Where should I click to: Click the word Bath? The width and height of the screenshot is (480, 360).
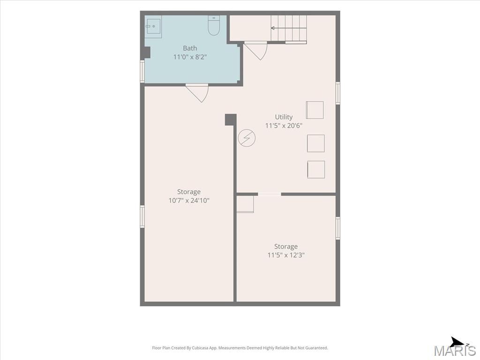coord(190,48)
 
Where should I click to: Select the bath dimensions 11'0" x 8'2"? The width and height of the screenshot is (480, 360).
coord(190,57)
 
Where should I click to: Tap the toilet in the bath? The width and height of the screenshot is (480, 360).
coord(214,25)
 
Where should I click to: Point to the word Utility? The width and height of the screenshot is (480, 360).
coord(284,117)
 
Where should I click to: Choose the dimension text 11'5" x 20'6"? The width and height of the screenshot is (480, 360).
coord(284,126)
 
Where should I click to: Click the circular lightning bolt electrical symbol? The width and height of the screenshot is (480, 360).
coord(247,138)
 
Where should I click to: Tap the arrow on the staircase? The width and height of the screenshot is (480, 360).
coord(289,28)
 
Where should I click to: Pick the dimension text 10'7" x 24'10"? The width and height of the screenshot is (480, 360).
coord(189,201)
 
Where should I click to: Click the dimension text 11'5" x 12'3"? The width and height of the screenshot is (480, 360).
coord(286,255)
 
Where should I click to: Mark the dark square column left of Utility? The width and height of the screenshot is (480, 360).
coord(231,120)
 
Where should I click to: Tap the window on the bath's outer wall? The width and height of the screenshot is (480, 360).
coord(142,71)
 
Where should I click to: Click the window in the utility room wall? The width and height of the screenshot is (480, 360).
coord(337,93)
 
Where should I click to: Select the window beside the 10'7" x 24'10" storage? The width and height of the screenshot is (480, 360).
coord(142,216)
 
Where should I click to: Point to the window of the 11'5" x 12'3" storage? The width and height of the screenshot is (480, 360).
coord(337,228)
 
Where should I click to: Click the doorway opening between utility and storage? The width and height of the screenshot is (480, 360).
coord(270,194)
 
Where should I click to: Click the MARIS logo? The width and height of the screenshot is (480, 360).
coord(455,349)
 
